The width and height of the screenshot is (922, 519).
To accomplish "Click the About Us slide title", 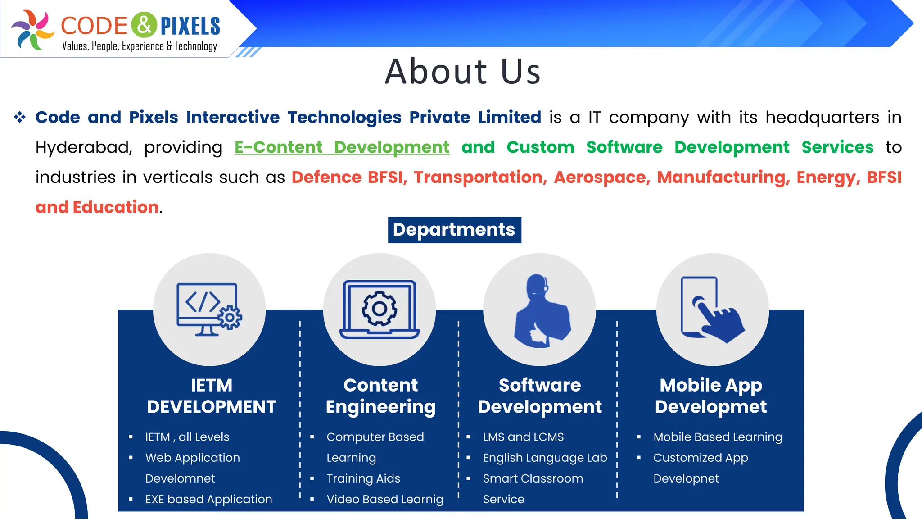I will (x=462, y=72).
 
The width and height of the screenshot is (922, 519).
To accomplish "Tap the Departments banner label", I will (x=454, y=230).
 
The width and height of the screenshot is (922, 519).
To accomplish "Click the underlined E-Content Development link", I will (x=342, y=147).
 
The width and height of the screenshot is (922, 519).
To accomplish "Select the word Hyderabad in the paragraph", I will (x=83, y=147).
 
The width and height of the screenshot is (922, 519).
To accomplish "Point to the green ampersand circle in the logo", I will (x=144, y=25).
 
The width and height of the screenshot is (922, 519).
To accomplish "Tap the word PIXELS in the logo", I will (x=190, y=26).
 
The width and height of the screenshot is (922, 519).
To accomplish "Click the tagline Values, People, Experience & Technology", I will (x=139, y=46).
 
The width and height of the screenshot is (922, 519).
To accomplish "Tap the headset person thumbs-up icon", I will (x=540, y=311).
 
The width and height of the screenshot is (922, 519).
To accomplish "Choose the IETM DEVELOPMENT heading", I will (x=211, y=396).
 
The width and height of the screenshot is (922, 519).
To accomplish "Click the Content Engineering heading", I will (x=380, y=396).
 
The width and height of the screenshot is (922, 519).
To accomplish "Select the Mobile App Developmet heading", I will (x=710, y=396).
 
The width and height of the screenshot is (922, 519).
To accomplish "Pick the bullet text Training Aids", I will (x=363, y=478).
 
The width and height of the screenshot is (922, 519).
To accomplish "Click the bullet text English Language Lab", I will (x=545, y=458).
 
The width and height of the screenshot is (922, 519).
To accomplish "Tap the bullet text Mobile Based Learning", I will (x=718, y=437).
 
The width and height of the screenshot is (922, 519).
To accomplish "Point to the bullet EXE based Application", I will (x=208, y=499).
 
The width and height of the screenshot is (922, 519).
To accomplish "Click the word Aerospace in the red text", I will (x=602, y=177).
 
